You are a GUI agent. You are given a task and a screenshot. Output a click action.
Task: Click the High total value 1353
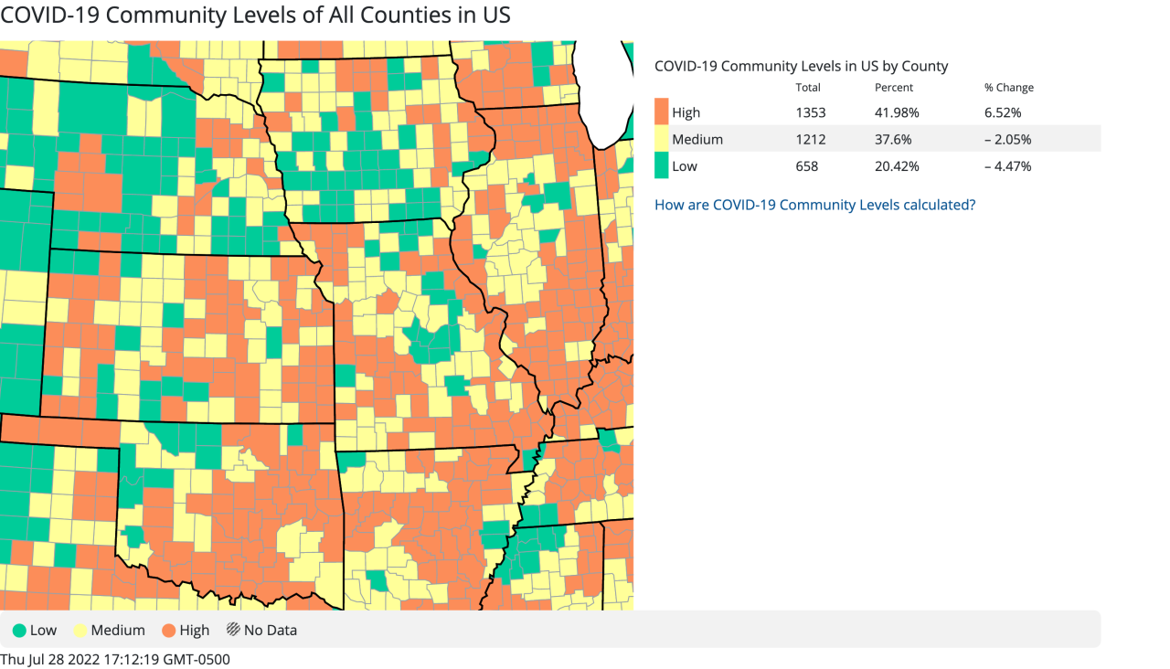810,112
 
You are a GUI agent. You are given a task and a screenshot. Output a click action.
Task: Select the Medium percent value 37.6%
893,140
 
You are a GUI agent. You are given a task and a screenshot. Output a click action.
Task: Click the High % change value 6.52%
1003,112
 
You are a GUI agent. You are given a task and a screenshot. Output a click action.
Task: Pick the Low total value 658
807,166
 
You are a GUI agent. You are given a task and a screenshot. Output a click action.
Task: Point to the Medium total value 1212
810,140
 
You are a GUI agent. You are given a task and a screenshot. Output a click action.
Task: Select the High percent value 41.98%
897,112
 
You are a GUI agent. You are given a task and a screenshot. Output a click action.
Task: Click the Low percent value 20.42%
897,166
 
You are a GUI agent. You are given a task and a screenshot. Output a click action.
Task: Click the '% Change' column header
1008,88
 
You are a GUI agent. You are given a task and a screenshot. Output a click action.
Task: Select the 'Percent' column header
893,88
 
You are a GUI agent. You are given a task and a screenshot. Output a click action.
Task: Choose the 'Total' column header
808,88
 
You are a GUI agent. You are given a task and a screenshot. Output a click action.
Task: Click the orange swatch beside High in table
662,112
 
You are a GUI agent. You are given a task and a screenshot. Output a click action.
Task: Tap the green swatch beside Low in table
662,166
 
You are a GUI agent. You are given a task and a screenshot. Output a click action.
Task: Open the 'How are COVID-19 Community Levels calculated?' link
814,205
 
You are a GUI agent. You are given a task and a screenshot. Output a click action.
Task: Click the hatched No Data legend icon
233,630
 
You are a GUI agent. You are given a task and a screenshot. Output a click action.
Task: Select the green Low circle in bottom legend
19,630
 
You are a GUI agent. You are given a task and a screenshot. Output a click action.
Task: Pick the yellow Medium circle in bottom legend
80,630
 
